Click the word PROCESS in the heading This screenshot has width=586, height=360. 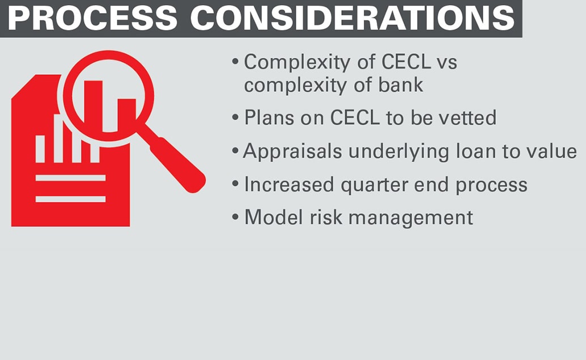pos(92,18)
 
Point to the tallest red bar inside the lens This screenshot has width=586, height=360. pos(93,106)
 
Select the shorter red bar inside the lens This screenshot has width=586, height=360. pos(127,115)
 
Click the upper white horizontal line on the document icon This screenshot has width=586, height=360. pos(71,178)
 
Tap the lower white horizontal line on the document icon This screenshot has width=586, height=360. pos(71,199)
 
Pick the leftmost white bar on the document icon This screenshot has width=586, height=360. pos(40,149)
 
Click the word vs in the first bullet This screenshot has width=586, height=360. pos(447,62)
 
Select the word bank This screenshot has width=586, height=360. pos(401,85)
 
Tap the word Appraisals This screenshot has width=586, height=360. pos(292,152)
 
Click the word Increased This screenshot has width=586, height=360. pos(288,185)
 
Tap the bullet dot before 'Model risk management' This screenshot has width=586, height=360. pos(235,217)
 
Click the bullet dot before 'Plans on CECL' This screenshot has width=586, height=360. pos(235,117)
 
